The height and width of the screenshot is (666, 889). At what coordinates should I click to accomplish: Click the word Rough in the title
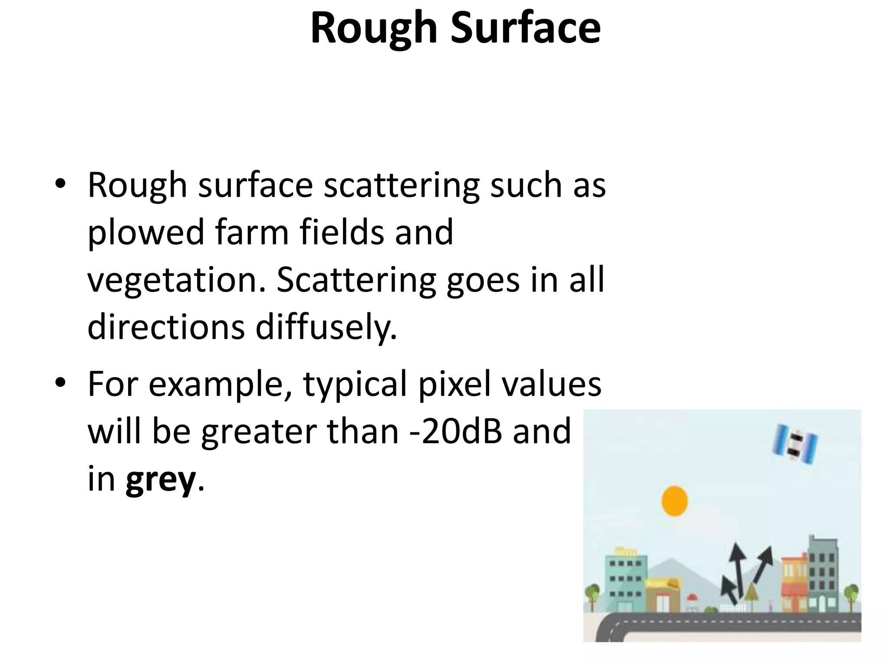coord(373,28)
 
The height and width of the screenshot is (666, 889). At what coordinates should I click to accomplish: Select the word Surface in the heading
coord(526,28)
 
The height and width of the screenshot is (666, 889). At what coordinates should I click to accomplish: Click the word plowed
coord(145,233)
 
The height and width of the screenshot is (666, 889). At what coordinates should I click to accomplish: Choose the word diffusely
coord(326,327)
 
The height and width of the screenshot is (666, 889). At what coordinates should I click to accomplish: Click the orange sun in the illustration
coord(674,501)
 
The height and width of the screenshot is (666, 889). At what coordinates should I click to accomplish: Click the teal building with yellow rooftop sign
coord(626,581)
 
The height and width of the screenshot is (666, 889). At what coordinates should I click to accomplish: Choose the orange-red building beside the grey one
coord(794,583)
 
